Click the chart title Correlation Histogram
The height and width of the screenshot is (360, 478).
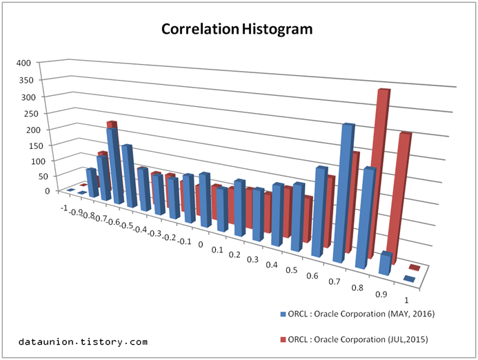(x=237, y=30)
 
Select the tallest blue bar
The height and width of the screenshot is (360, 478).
(x=347, y=193)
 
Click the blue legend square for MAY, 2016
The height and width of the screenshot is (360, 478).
(x=283, y=314)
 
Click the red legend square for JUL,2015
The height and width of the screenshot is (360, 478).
(x=283, y=340)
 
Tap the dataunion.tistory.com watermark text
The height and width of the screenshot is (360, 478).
(x=83, y=341)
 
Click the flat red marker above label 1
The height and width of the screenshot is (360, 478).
(x=415, y=267)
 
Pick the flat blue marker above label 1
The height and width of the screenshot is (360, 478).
(x=409, y=279)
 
